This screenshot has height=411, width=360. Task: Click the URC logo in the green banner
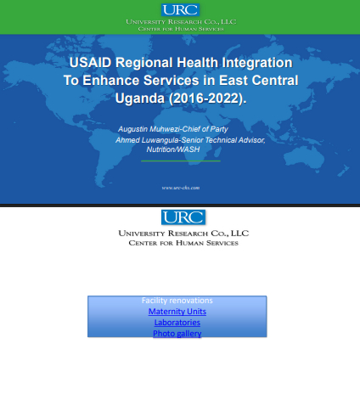click(x=180, y=10)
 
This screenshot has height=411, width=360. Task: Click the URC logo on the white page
click(x=183, y=217)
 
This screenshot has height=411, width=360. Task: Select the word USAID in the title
click(x=91, y=63)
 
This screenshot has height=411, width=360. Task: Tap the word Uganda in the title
click(x=140, y=99)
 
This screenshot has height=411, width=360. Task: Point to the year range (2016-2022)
click(x=208, y=99)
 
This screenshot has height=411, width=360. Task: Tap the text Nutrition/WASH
click(x=173, y=149)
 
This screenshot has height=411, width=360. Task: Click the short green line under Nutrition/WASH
click(x=181, y=160)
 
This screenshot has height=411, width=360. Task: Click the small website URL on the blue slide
click(x=181, y=188)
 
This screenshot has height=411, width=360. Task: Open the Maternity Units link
click(x=177, y=312)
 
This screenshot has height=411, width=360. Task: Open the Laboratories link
click(x=177, y=323)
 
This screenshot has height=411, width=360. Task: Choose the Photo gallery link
click(x=177, y=334)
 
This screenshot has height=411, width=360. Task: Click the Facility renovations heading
click(x=177, y=301)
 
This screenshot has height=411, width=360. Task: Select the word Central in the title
click(x=275, y=81)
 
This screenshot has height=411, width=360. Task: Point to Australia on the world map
click(x=307, y=157)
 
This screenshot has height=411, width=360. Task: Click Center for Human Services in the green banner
click(x=181, y=29)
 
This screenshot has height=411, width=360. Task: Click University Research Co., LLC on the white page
click(x=183, y=234)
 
